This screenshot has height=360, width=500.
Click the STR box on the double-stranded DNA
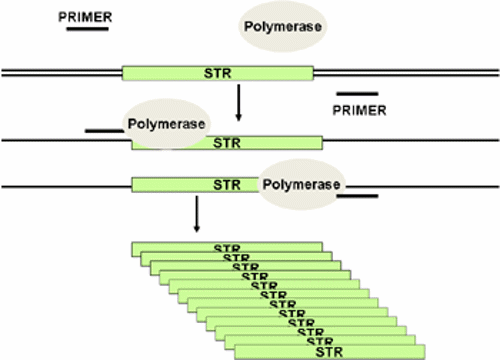[x=217, y=73]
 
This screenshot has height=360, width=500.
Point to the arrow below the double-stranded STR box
[x=238, y=102]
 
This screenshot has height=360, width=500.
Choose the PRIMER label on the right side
[x=358, y=109]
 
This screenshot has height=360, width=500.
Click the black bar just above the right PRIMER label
[x=357, y=93]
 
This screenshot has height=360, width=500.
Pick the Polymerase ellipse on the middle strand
[x=166, y=124]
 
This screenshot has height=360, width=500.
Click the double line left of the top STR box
[x=60, y=73]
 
